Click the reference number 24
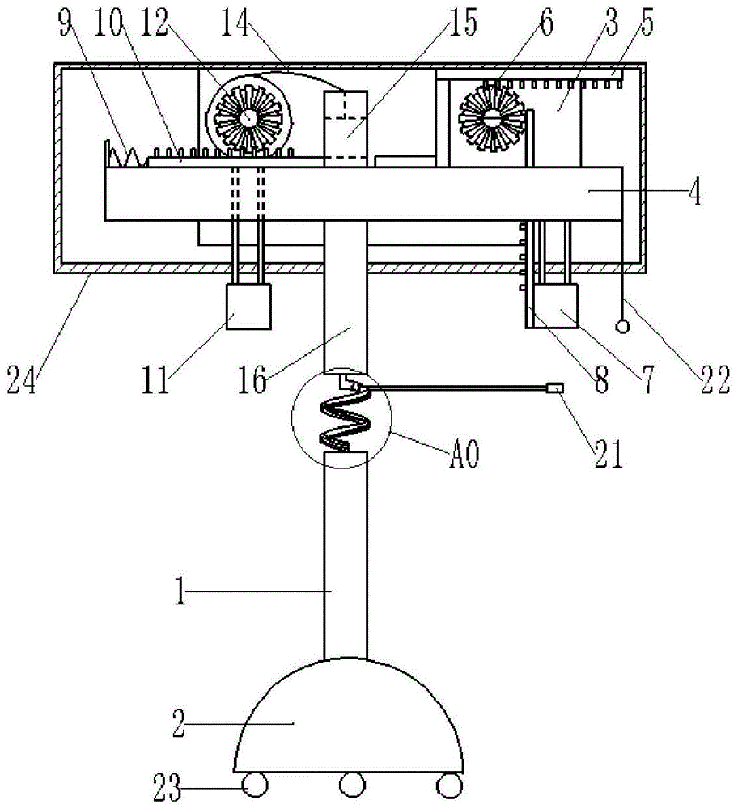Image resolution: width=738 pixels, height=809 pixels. tap(22, 380)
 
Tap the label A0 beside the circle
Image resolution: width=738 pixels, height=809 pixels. tap(464, 454)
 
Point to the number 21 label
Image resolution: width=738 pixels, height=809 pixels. tap(609, 454)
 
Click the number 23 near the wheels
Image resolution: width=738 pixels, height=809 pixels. tap(168, 788)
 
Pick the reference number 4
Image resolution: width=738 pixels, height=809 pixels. tap(696, 192)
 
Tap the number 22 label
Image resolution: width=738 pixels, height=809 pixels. tap(715, 380)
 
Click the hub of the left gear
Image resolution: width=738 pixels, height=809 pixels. tap(248, 117)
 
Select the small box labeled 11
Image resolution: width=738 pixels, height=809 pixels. tap(249, 307)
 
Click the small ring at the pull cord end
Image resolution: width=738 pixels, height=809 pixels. tap(623, 327)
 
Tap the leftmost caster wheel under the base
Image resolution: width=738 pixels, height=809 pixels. tap(256, 786)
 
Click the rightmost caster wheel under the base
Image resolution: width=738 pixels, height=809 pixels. tap(449, 786)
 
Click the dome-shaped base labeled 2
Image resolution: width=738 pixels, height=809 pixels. tap(348, 716)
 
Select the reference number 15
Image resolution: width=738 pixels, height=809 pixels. tap(462, 23)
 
